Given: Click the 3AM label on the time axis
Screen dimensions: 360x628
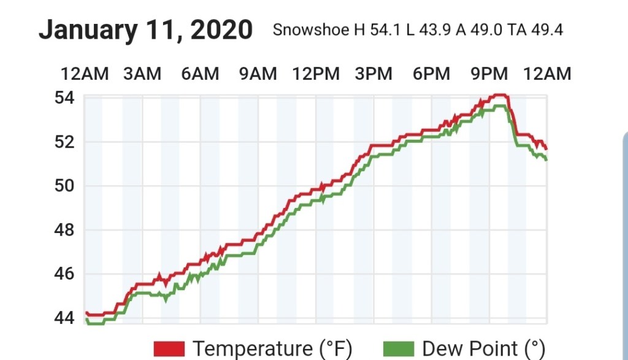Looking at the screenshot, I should coord(142,74).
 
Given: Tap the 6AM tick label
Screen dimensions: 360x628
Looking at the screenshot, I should coord(200,74).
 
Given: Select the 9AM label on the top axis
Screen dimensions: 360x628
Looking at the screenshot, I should coord(258,74).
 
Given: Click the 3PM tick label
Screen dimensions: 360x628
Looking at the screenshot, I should coord(373,74).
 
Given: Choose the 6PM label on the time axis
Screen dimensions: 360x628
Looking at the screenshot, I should coord(431,74).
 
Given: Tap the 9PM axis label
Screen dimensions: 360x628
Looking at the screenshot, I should coord(489,74).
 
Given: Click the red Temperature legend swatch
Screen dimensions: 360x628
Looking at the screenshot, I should coord(170,349).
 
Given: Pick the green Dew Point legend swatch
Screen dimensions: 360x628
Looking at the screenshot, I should coord(399,349).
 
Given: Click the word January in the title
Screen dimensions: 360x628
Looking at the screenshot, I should coord(88,29).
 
